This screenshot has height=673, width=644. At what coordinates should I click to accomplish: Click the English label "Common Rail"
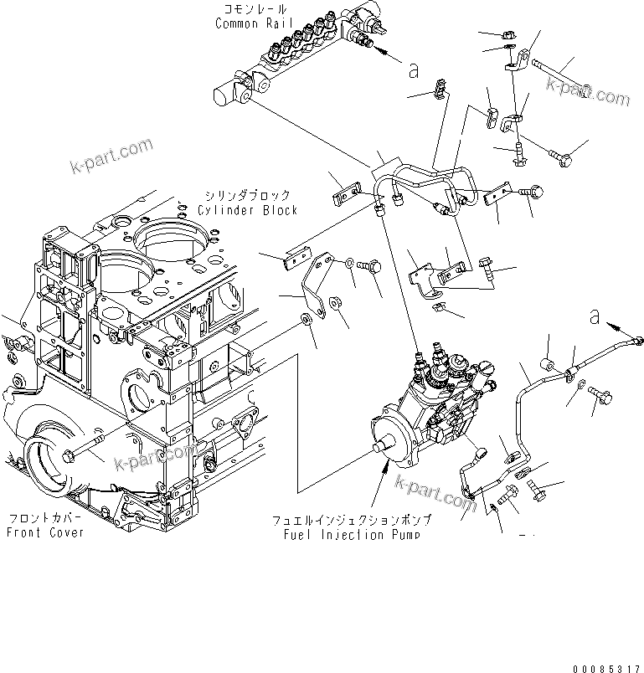coord(250,23)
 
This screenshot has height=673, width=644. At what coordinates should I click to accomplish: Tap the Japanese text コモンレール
coord(250,10)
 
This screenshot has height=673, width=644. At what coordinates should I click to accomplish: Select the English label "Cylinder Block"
coord(247,210)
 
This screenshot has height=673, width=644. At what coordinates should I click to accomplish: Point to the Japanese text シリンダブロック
coord(247,196)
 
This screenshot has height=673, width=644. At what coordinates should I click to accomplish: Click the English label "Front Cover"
coord(45,532)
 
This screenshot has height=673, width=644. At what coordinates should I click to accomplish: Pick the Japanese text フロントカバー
coord(45,518)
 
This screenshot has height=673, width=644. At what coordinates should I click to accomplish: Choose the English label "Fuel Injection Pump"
coord(345,534)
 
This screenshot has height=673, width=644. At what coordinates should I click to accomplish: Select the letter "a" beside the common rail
coord(413,71)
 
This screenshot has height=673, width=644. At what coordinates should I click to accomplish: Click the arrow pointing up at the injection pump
coord(384,483)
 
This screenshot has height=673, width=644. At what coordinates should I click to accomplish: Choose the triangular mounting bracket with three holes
coord(315,283)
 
